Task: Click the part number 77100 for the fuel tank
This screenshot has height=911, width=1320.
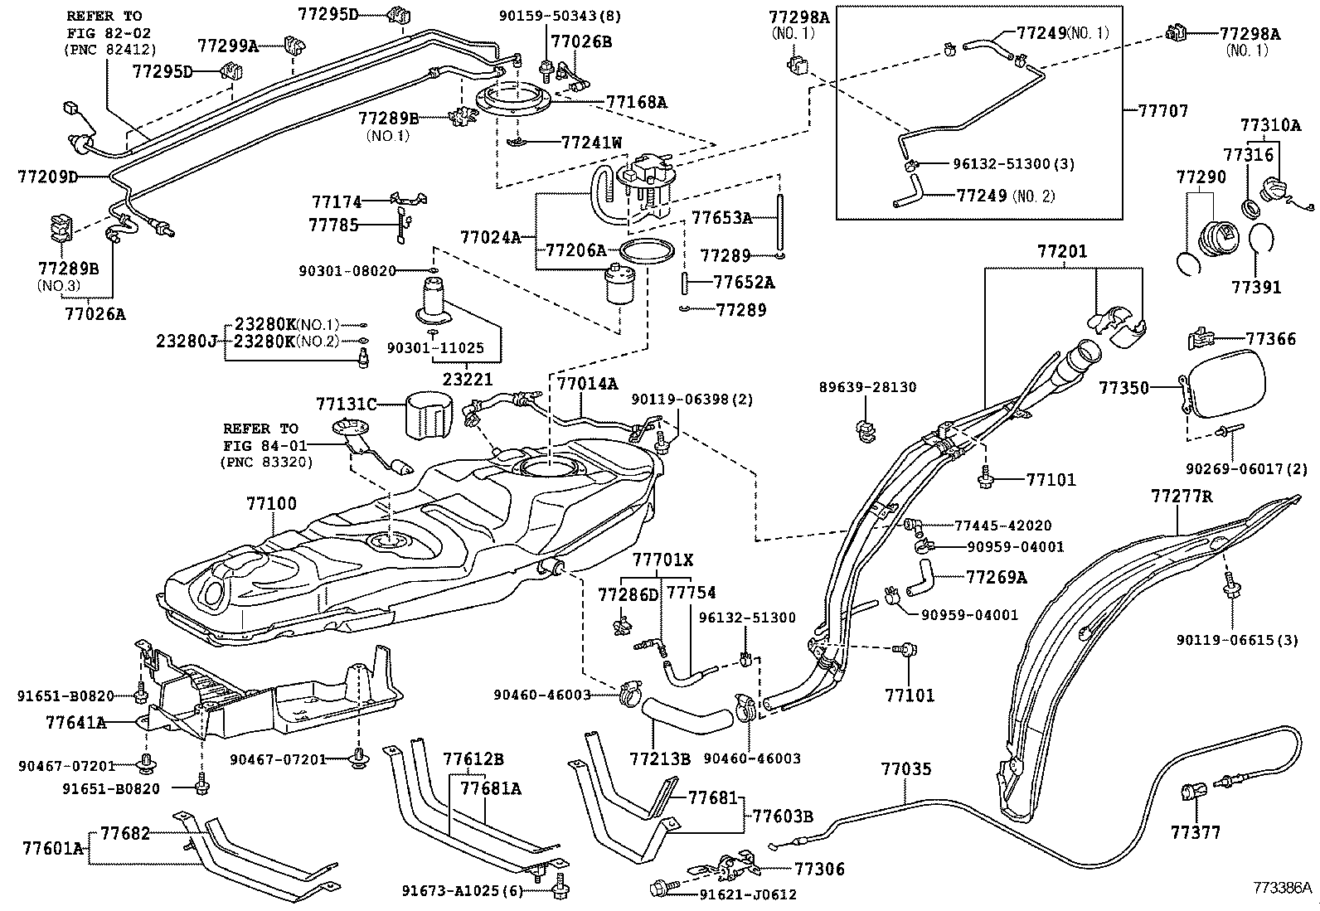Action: pos(271,503)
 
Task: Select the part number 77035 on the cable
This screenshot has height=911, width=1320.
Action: pos(905,769)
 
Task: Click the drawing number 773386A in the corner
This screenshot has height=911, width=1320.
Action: pos(1283,887)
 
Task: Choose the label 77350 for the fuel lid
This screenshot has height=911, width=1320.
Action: pos(1124,387)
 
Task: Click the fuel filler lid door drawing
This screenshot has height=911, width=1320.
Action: pos(1227,381)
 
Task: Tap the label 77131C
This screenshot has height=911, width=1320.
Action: pos(346,405)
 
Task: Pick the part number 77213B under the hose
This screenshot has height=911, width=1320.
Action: pos(660,758)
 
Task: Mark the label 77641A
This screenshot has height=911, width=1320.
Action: pos(75,722)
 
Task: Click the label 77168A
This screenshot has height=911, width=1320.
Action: pos(636,102)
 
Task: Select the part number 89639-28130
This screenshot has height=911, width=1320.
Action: pos(867,387)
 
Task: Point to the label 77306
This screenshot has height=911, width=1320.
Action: pos(819,869)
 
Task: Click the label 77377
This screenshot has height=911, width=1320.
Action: pos(1196,832)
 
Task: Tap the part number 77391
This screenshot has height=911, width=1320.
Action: pos(1256,288)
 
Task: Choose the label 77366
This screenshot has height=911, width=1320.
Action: pos(1271,338)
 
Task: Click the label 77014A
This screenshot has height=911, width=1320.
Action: pos(587,384)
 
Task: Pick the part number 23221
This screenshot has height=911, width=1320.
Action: pos(468,380)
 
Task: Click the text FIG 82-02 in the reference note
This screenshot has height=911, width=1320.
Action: pos(104,32)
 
